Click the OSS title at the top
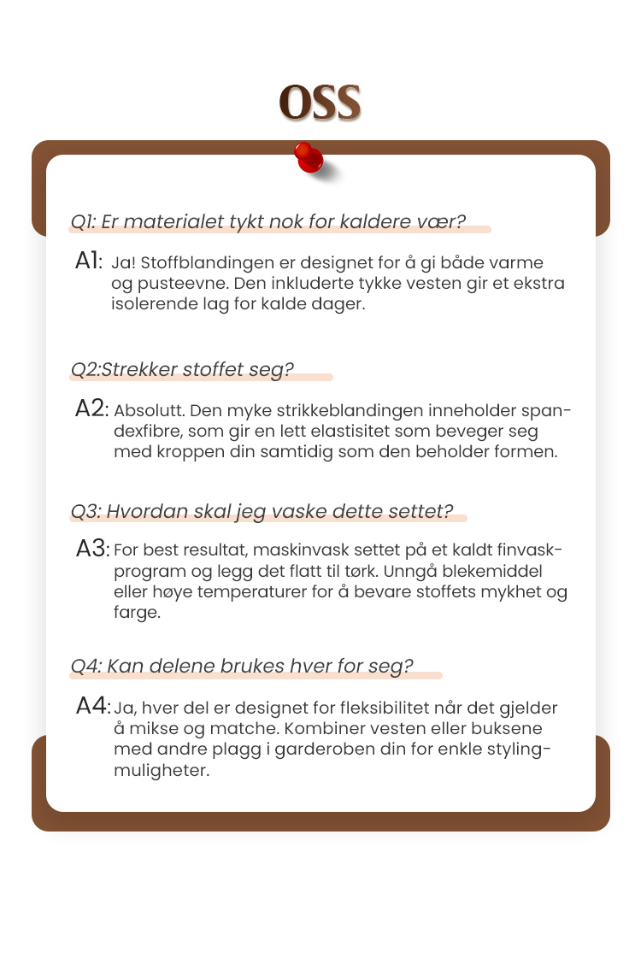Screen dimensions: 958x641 [320, 103]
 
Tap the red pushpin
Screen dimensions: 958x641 [309, 157]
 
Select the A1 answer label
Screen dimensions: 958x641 [89, 262]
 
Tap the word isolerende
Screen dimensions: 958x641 [150, 304]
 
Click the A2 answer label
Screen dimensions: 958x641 [91, 408]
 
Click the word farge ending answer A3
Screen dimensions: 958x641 [136, 612]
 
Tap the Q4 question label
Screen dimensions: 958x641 [85, 666]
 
